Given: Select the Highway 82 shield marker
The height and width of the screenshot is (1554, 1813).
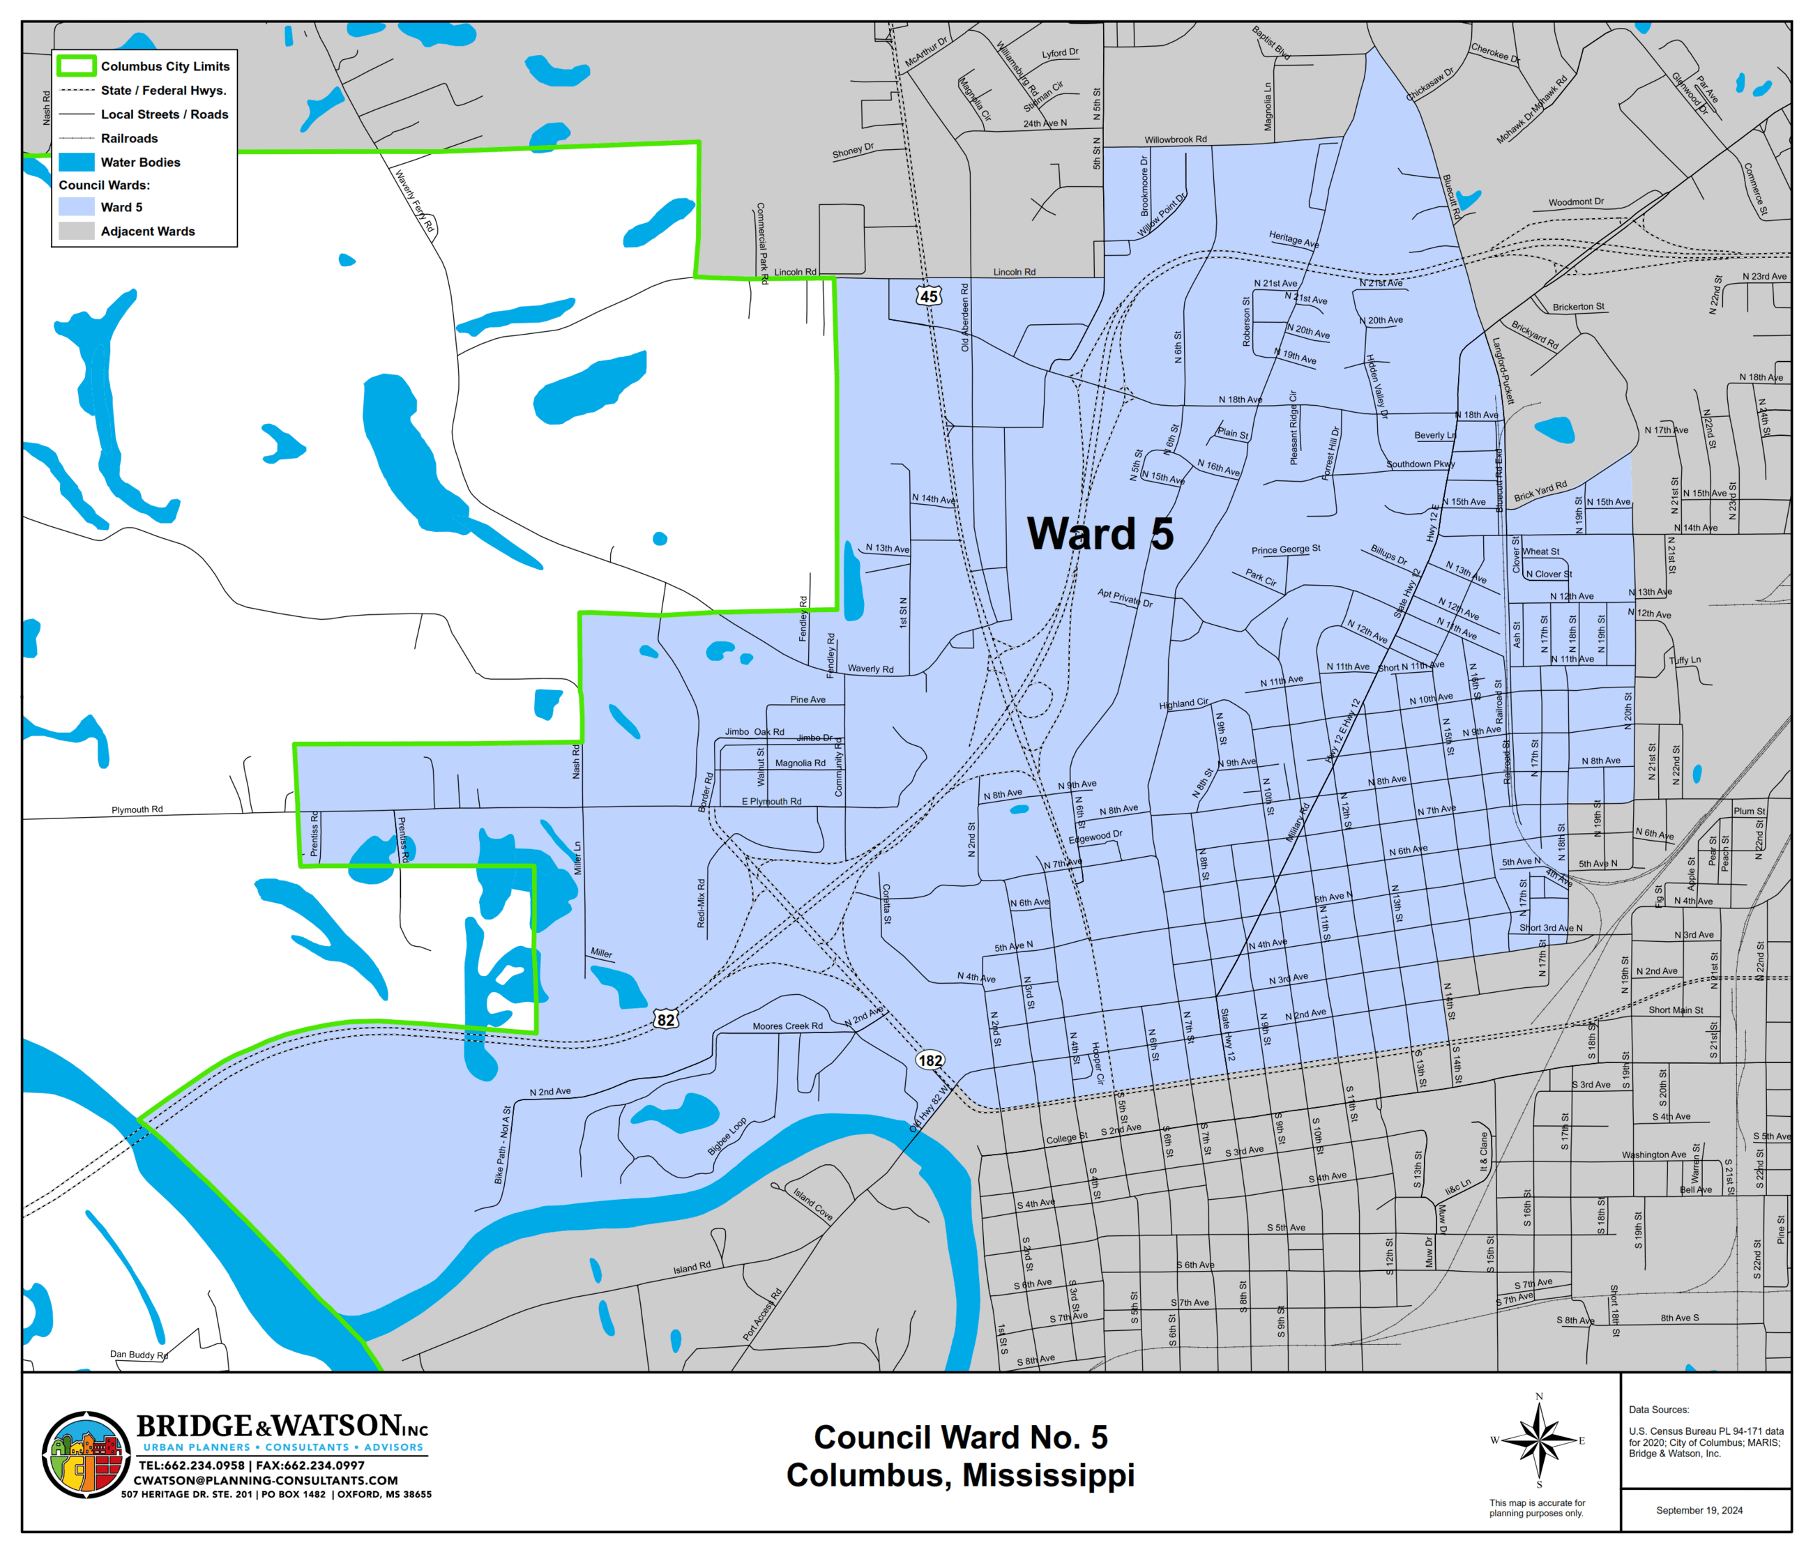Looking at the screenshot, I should click(x=666, y=1019).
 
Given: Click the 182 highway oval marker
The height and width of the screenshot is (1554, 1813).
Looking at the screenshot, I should click(x=930, y=1060).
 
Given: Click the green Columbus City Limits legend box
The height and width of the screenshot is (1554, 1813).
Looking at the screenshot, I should click(x=76, y=66).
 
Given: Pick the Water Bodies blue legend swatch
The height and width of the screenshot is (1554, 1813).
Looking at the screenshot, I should click(x=76, y=162).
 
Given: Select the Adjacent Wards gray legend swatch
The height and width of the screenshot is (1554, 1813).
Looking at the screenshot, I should click(x=76, y=231).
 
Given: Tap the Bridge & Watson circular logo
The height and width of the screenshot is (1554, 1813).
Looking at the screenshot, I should click(x=86, y=1456).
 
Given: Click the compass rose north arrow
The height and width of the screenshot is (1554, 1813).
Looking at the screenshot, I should click(x=1539, y=1440).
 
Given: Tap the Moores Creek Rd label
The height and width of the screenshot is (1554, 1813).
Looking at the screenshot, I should click(x=787, y=1026).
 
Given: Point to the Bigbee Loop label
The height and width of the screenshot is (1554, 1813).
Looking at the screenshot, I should click(x=727, y=1136).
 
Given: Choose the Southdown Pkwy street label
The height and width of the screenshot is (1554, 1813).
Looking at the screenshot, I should click(x=1420, y=464).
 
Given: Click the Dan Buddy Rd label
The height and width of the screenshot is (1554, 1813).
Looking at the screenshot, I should click(x=138, y=1355).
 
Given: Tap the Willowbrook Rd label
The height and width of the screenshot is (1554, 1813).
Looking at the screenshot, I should click(x=1175, y=139).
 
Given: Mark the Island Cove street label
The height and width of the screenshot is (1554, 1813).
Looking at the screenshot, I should click(x=813, y=1204).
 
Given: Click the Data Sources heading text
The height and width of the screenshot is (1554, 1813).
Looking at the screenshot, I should click(x=1658, y=1410).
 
